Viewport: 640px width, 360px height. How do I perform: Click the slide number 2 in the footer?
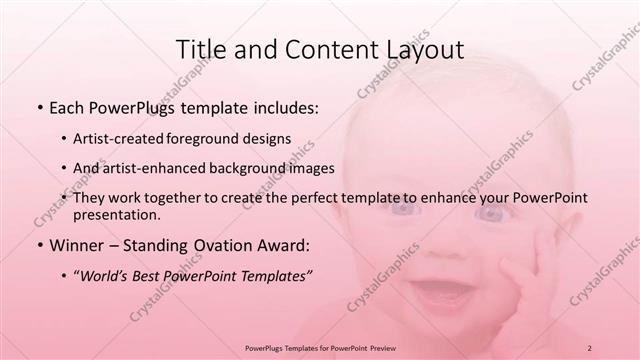pos(590,348)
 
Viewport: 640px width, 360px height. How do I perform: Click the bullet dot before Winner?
pos(38,245)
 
